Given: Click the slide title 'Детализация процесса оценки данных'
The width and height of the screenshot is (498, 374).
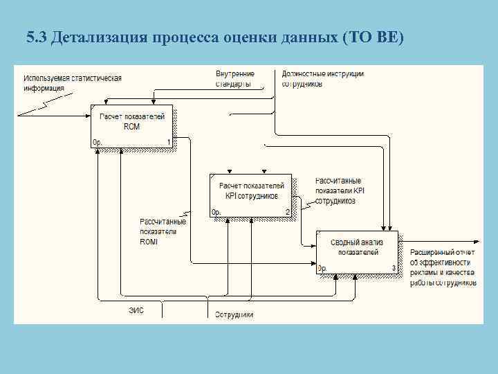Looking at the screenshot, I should click(x=194, y=37).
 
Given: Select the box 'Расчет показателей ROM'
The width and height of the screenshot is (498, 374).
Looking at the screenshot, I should click(x=131, y=123).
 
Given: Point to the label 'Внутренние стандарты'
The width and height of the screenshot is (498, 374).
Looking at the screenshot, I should click(x=234, y=78).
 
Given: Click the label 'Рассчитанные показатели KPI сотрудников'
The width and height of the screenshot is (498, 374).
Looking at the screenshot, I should click(x=339, y=190).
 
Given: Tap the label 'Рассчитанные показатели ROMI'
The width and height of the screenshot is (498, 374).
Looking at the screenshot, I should click(x=158, y=231).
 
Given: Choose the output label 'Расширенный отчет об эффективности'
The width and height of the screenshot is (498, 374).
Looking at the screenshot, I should click(x=443, y=267).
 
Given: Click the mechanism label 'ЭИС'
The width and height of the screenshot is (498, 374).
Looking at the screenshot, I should click(x=136, y=311).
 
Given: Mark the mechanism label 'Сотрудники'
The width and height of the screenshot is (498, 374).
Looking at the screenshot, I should click(x=234, y=314).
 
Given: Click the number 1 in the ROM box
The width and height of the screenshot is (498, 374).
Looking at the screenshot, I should click(x=168, y=143).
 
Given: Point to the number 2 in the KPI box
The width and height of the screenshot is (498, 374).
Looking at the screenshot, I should click(x=287, y=212).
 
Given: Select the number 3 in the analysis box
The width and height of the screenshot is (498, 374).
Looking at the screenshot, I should click(x=394, y=268).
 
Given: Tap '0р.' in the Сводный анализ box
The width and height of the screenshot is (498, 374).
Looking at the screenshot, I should click(x=323, y=268).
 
